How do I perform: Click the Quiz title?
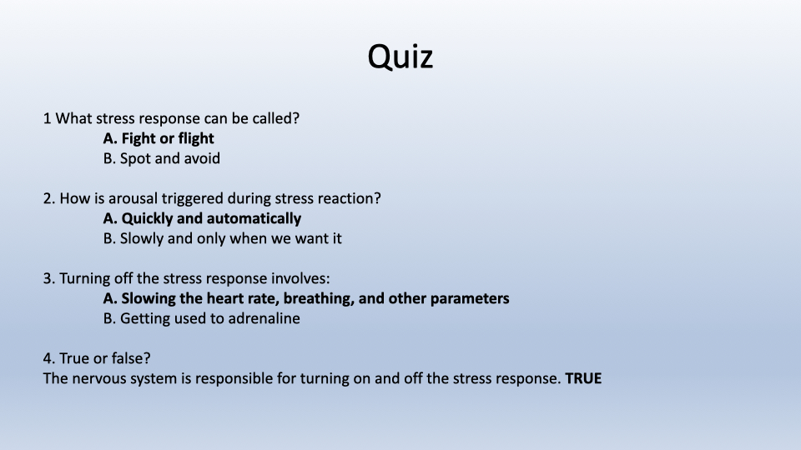(400, 57)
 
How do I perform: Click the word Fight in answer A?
(139, 139)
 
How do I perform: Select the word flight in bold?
(197, 139)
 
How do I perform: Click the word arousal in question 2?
(133, 198)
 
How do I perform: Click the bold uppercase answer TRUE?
(583, 378)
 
